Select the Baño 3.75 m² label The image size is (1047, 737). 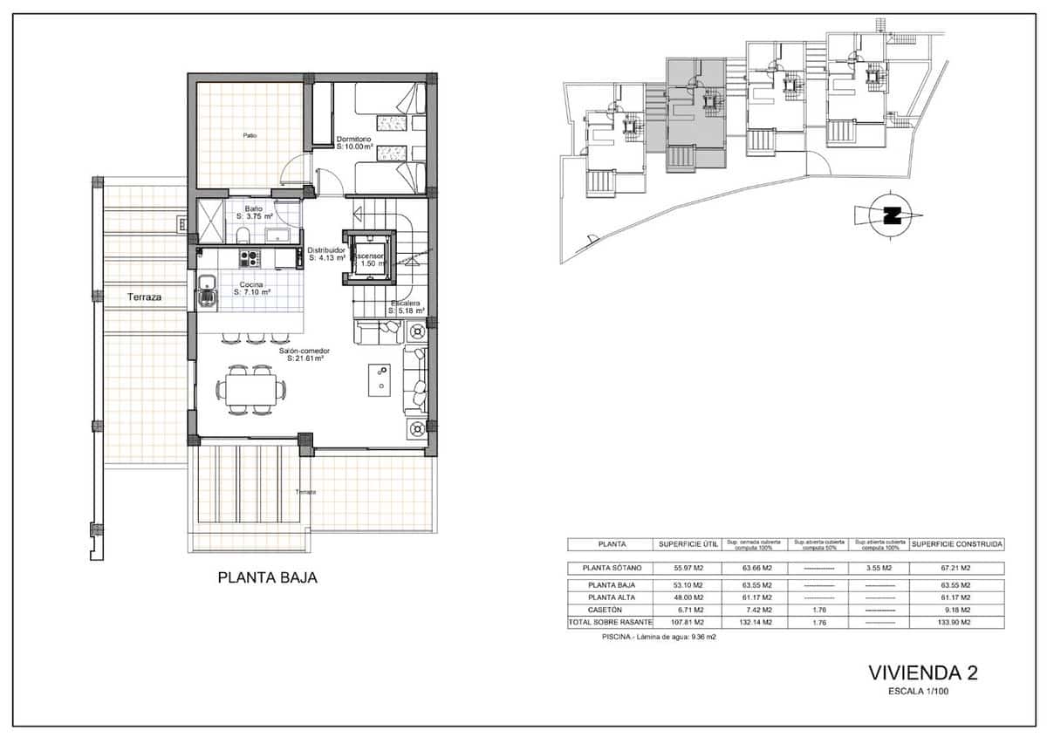pos(254,212)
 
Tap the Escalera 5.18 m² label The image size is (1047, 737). pos(406,307)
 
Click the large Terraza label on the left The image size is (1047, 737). pos(145,297)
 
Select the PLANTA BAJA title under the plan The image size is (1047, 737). pos(267,577)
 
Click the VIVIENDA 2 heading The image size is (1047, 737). pos(923,672)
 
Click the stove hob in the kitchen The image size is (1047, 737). pos(250,257)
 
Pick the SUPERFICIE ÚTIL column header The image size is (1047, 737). pos(688,544)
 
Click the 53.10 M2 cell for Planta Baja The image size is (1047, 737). pos(688,585)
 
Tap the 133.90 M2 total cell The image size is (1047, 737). pos(957,623)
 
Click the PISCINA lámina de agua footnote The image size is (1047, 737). pos(659,638)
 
